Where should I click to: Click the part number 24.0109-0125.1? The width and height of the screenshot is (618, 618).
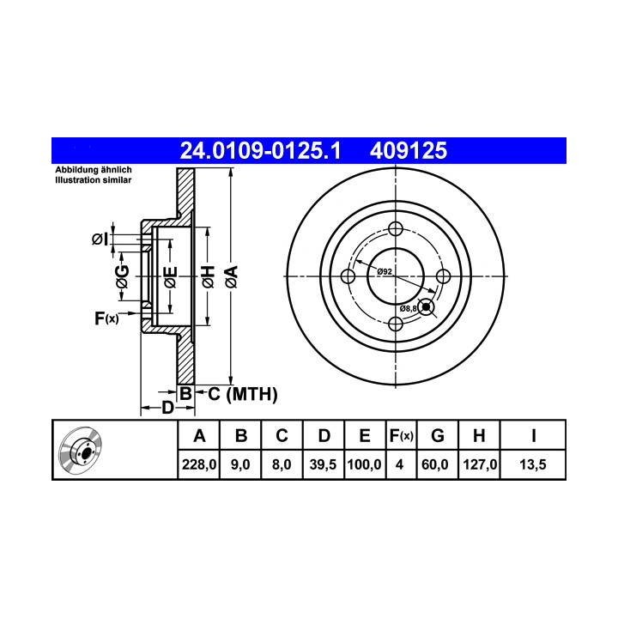point(260,150)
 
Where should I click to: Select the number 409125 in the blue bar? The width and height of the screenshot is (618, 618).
point(409,150)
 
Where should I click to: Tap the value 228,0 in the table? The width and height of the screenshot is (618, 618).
point(199,464)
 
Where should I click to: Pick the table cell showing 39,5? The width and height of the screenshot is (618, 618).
point(323,464)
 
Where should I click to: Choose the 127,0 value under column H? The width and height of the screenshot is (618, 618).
point(480,464)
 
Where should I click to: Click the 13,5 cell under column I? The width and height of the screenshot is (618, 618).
point(533,464)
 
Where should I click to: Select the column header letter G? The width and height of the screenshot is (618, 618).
point(438,436)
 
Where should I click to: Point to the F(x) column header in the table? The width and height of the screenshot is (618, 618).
point(401,436)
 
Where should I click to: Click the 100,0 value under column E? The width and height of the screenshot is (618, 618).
point(364,464)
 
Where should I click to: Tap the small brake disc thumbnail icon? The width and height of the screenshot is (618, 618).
point(80,450)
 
